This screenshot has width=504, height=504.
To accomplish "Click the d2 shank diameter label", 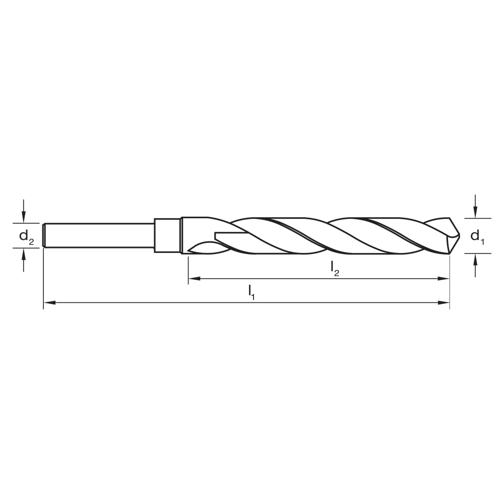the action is click(x=26, y=235).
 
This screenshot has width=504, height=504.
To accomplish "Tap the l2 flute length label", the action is click(x=335, y=269).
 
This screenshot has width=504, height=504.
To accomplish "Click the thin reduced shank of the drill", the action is click(x=99, y=235).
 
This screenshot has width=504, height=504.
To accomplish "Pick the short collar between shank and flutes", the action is click(x=167, y=235).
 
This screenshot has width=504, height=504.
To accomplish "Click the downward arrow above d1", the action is click(x=476, y=206).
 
